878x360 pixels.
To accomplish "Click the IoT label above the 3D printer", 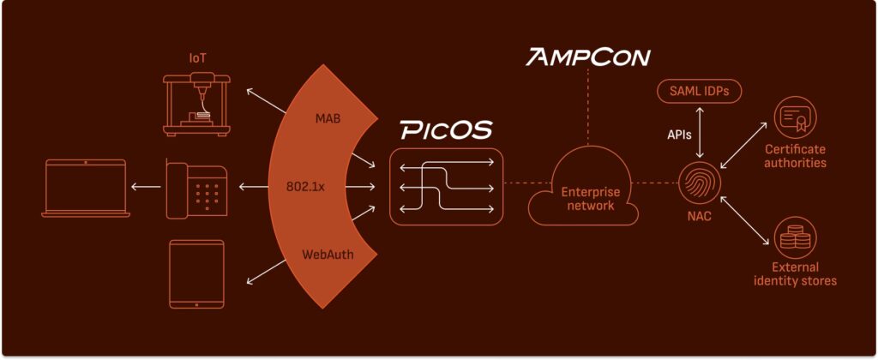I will pyautogui.click(x=198, y=59).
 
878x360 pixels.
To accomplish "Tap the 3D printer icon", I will pyautogui.click(x=199, y=105).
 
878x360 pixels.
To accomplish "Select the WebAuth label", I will pyautogui.click(x=328, y=255).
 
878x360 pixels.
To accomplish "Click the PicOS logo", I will pyautogui.click(x=446, y=130).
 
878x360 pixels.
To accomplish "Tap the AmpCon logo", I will pyautogui.click(x=589, y=57).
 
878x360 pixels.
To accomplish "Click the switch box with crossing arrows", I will pyautogui.click(x=446, y=186).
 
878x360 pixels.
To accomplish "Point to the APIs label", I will pyautogui.click(x=680, y=135).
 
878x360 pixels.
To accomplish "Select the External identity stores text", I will pyautogui.click(x=796, y=274).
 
